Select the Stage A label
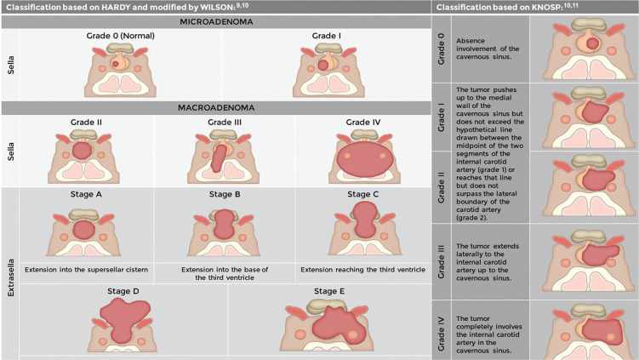coord(83,195)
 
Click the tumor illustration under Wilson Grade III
coord(219,157)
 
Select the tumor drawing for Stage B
coord(222,226)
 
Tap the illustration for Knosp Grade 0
coord(583,47)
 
